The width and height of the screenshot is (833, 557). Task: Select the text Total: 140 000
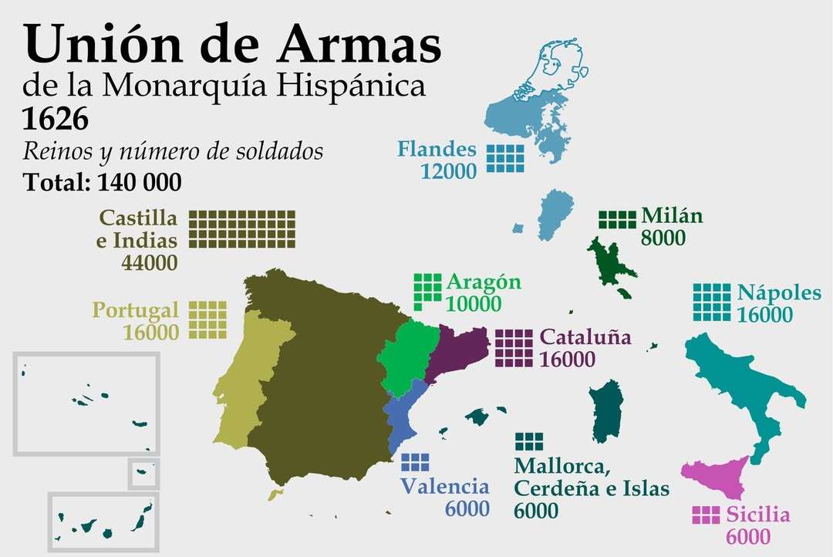[102, 182]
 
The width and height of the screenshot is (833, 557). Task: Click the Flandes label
[437, 148]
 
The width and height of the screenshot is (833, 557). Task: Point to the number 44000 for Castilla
[149, 262]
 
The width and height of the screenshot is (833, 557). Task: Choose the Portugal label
[135, 310]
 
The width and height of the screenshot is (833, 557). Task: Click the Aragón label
[484, 282]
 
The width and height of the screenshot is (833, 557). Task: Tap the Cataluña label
[585, 337]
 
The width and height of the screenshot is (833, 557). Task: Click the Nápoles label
[779, 293]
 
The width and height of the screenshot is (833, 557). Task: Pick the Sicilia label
[758, 515]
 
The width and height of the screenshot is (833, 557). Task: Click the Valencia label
[444, 486]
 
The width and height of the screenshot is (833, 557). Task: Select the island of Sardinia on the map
[606, 409]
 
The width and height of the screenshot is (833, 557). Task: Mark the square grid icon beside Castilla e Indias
[241, 228]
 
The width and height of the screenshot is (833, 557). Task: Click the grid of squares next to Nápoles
[711, 302]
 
